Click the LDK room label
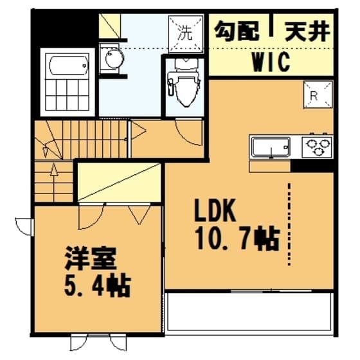(x=216, y=210)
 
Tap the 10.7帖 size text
(x=236, y=239)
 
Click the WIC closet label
(x=270, y=62)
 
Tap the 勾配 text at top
(x=236, y=30)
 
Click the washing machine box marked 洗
(x=185, y=30)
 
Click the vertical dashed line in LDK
(x=290, y=222)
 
